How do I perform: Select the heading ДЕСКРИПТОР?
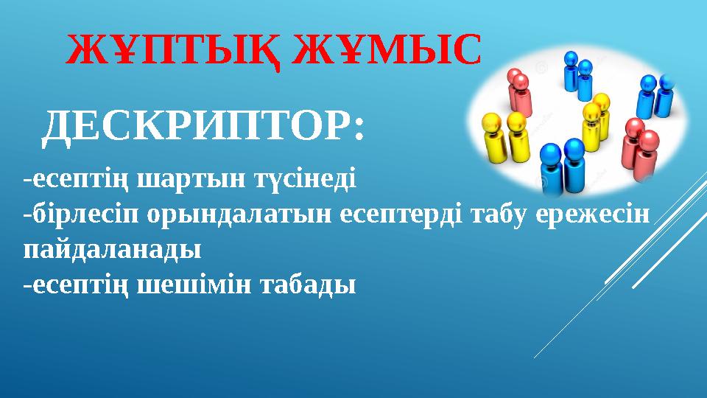point(203,128)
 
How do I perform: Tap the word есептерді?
point(401,214)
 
